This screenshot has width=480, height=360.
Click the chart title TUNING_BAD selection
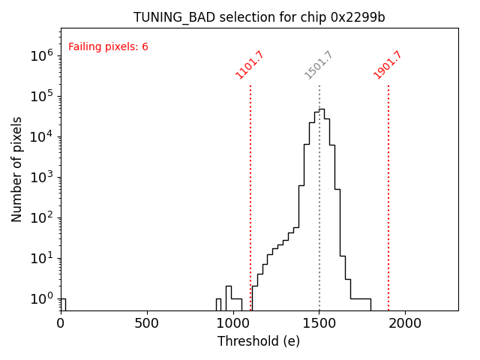(x=259, y=17)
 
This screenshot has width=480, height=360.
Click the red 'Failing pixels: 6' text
(x=108, y=47)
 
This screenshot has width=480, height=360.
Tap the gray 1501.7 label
(x=319, y=64)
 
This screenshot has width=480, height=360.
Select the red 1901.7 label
(x=388, y=64)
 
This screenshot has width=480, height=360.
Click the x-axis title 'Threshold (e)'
(x=259, y=341)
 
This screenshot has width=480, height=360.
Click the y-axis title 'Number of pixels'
(x=17, y=169)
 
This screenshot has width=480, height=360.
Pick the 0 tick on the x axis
(x=61, y=323)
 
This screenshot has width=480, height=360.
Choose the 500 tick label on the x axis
(x=147, y=323)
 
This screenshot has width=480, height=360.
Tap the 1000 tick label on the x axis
(x=233, y=323)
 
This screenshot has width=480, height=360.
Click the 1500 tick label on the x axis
(x=319, y=323)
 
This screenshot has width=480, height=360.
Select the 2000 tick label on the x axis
(x=405, y=323)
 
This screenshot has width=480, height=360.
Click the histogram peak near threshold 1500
(x=322, y=109)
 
